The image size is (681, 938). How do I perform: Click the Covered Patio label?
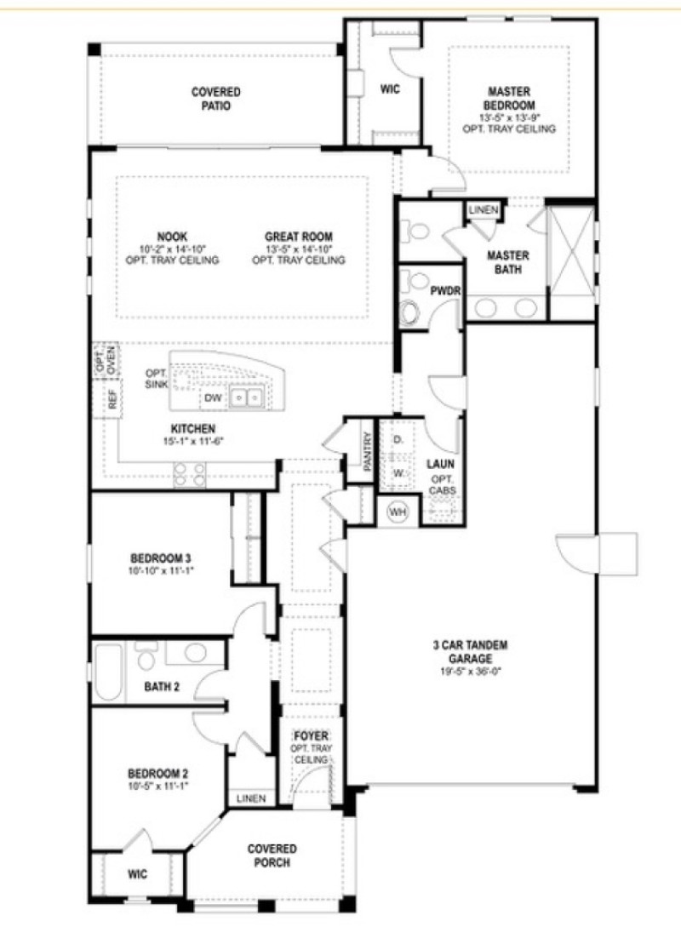(x=216, y=99)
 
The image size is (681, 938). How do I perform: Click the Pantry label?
(x=367, y=451)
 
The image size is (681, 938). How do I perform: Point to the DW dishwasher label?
(x=213, y=398)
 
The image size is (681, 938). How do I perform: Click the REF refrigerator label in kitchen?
(x=112, y=400)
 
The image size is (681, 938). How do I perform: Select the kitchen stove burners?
(x=189, y=473)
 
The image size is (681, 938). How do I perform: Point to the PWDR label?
(x=444, y=290)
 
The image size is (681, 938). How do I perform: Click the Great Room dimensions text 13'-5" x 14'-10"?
(x=298, y=249)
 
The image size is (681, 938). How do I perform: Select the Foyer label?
(x=311, y=735)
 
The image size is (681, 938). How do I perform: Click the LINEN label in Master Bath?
(x=483, y=209)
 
